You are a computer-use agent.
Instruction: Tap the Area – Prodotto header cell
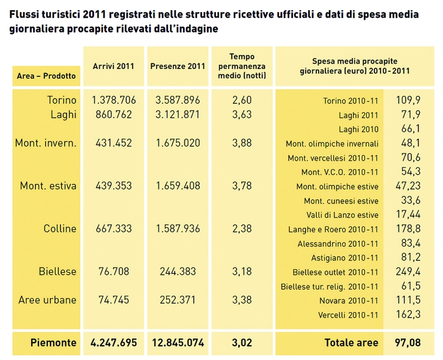(x=47, y=76)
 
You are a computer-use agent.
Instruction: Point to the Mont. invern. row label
(x=46, y=143)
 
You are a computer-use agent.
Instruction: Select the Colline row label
(x=60, y=229)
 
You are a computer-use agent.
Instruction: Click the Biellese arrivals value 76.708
(x=113, y=271)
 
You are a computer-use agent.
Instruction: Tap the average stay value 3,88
(x=242, y=143)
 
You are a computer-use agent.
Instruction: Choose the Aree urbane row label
(x=47, y=300)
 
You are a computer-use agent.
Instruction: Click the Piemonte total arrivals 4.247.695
(x=113, y=343)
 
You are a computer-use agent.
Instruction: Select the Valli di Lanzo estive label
(x=342, y=215)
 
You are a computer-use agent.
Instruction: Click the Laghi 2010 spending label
(x=358, y=129)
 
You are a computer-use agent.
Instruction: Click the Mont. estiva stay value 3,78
(x=242, y=186)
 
